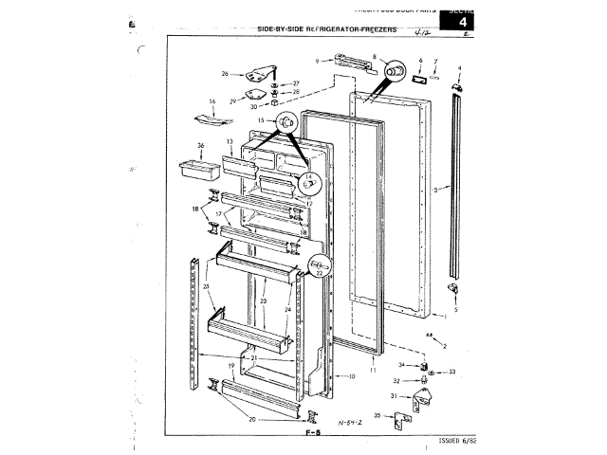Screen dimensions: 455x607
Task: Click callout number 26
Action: (x=226, y=73)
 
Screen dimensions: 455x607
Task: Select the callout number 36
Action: (x=200, y=145)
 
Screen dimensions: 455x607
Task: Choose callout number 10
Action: (x=351, y=376)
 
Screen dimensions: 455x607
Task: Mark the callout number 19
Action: (x=230, y=365)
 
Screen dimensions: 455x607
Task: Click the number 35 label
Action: (x=377, y=415)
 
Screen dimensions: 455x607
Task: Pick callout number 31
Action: (x=394, y=395)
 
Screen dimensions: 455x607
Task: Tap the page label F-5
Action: (x=314, y=432)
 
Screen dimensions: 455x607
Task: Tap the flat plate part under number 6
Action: (x=415, y=82)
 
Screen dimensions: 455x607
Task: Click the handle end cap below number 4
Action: (x=459, y=88)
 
